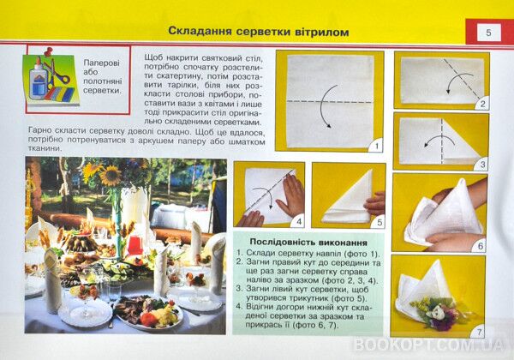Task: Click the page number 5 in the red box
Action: pos(487,33)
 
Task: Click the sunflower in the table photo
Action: pos(111,175)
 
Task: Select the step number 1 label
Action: pos(374,146)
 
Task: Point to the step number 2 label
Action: pos(482,104)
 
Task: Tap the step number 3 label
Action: pos(482,163)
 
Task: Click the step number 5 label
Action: pos(376,220)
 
